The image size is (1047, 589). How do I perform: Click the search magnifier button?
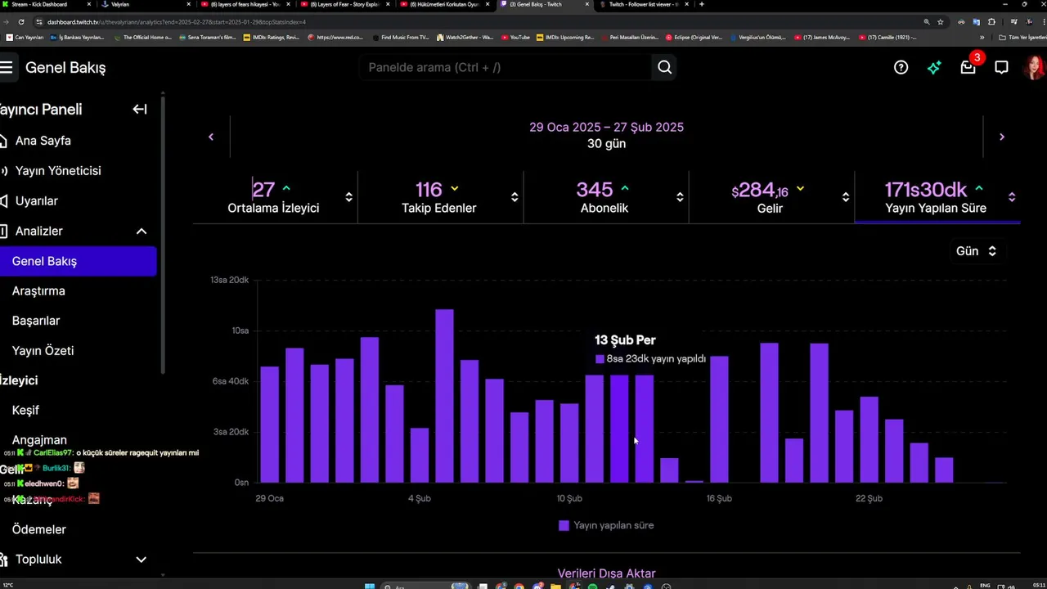pyautogui.click(x=664, y=67)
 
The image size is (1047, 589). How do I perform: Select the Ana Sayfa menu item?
pyautogui.click(x=43, y=141)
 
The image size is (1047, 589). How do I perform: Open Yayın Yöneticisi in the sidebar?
pyautogui.click(x=57, y=171)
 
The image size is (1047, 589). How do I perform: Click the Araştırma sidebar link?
pyautogui.click(x=38, y=290)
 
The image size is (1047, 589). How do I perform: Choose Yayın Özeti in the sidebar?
pyautogui.click(x=43, y=350)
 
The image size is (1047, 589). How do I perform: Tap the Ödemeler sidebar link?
pyautogui.click(x=38, y=529)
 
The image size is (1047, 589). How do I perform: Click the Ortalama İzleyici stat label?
pyautogui.click(x=273, y=208)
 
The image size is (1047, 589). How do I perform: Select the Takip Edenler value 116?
pyautogui.click(x=429, y=190)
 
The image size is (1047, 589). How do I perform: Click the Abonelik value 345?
pyautogui.click(x=595, y=190)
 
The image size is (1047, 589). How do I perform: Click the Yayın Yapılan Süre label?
pyautogui.click(x=935, y=208)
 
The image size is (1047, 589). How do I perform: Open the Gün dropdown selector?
pyautogui.click(x=976, y=251)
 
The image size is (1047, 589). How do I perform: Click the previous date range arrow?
pyautogui.click(x=211, y=137)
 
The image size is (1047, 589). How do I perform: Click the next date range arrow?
pyautogui.click(x=1001, y=137)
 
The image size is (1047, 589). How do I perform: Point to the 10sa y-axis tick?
pyautogui.click(x=240, y=330)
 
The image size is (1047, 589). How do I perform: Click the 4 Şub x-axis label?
pyautogui.click(x=420, y=498)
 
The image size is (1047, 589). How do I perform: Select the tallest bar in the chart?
pyautogui.click(x=444, y=396)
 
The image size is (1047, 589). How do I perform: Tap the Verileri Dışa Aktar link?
pyautogui.click(x=606, y=573)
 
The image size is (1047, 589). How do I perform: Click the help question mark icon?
pyautogui.click(x=901, y=67)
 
